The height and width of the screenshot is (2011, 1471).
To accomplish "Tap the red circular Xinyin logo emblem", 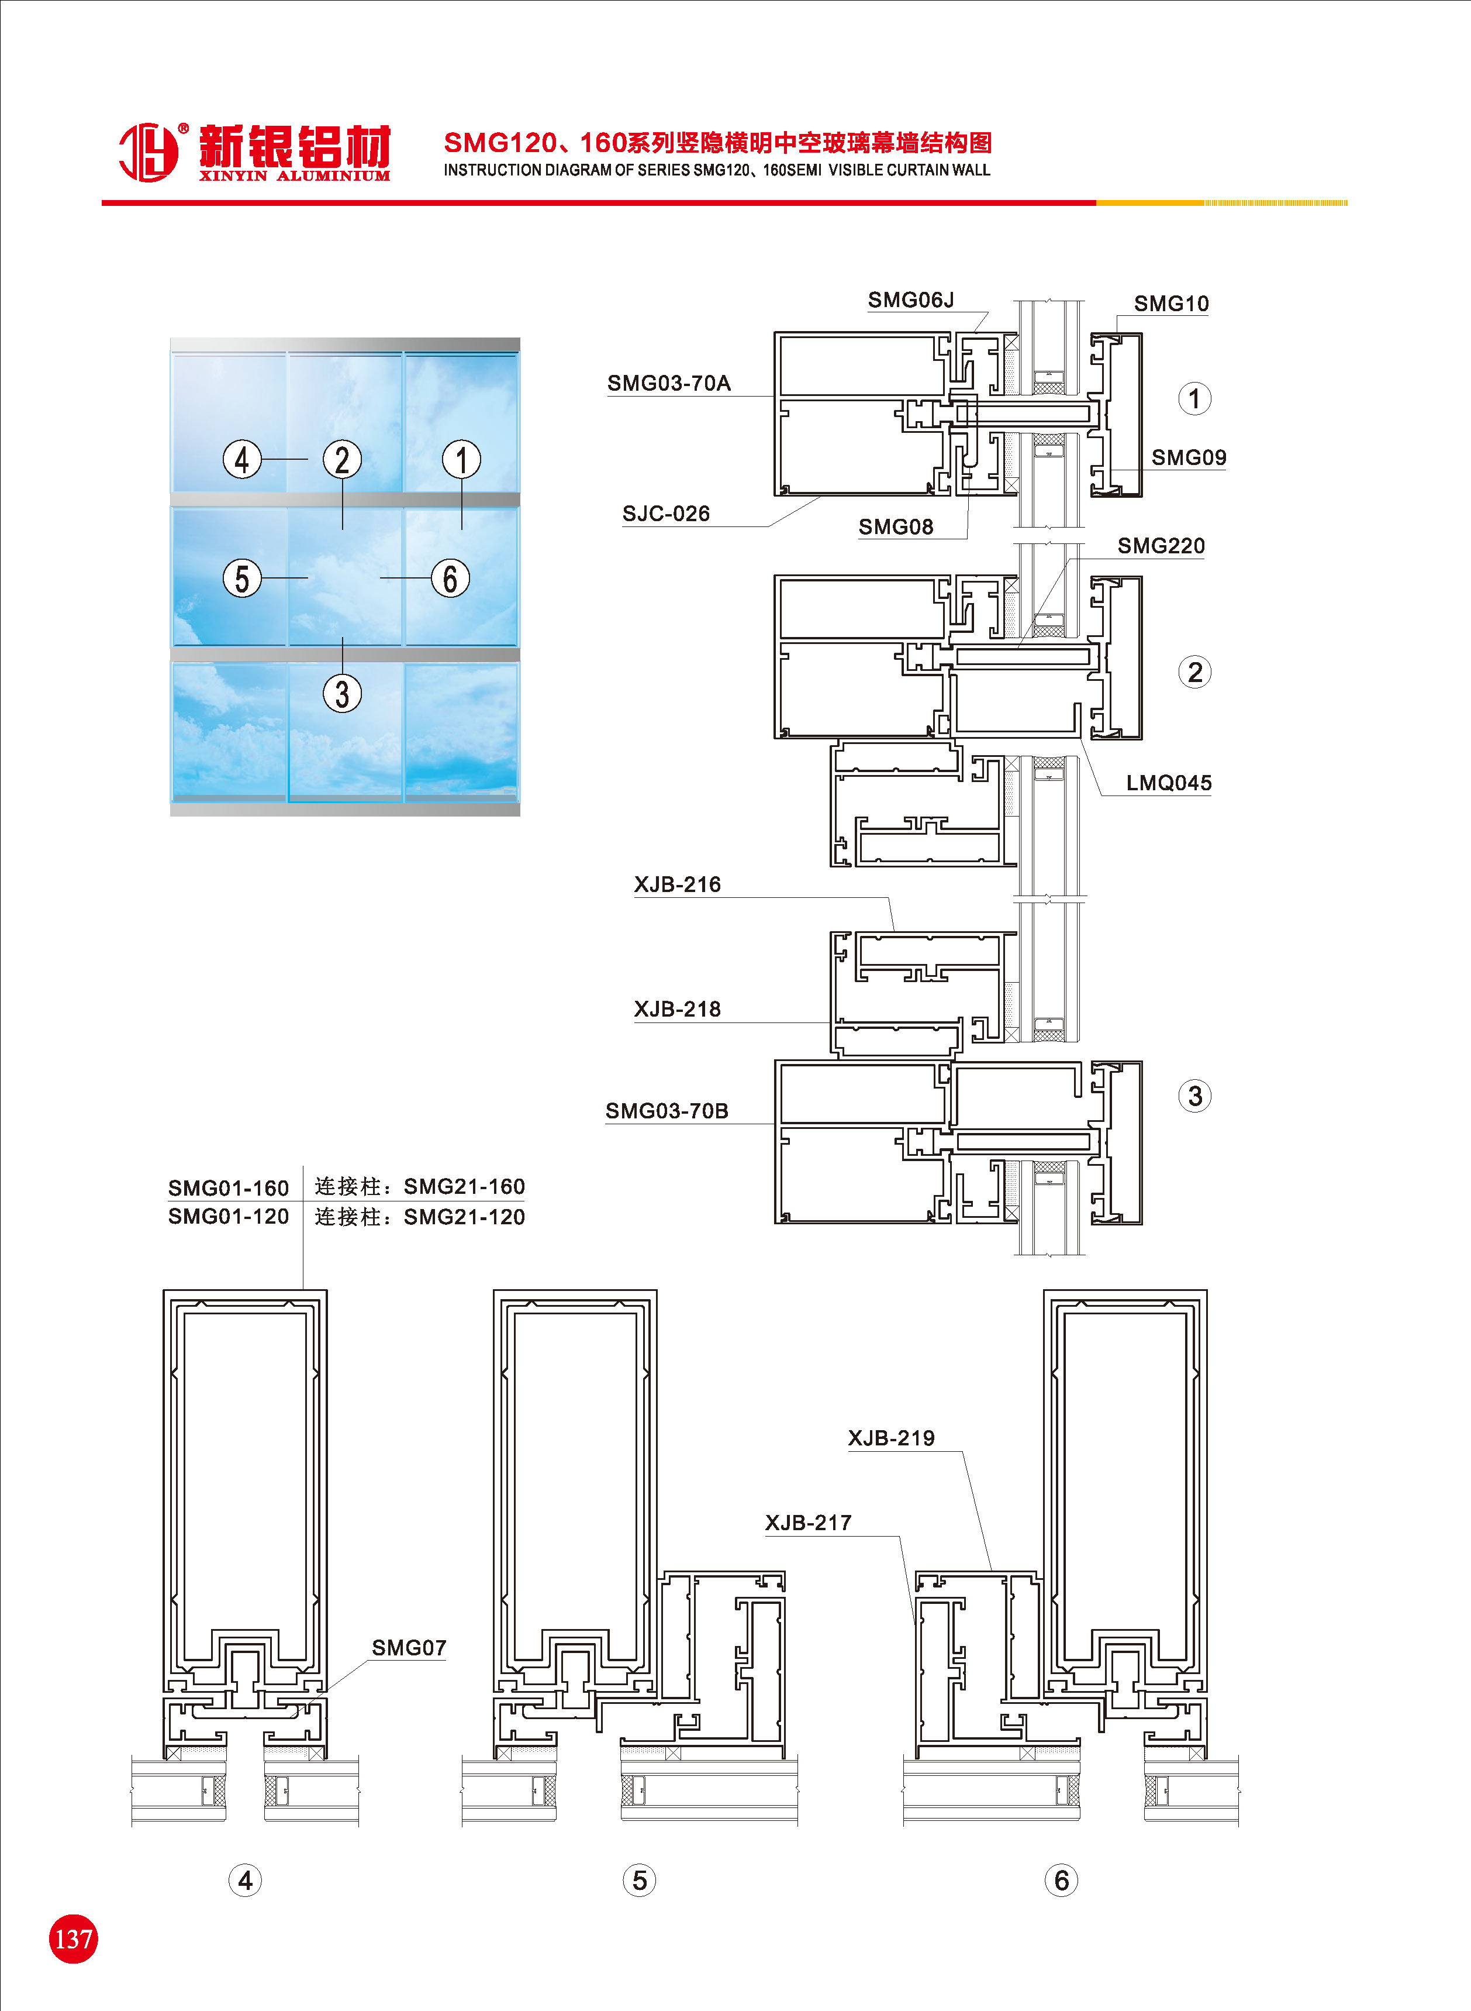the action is pyautogui.click(x=149, y=151).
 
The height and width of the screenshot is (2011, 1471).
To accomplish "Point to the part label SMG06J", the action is pyautogui.click(x=911, y=300).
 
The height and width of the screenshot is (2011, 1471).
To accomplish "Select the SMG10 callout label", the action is pyautogui.click(x=1171, y=304).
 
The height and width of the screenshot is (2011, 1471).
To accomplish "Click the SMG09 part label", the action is pyautogui.click(x=1189, y=458).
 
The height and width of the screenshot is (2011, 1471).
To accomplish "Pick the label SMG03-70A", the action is pyautogui.click(x=669, y=383).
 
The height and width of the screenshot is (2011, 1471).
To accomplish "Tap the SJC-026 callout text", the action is pyautogui.click(x=666, y=514).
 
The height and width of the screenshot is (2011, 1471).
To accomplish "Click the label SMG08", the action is pyautogui.click(x=896, y=527).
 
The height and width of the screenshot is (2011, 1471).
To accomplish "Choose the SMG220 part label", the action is pyautogui.click(x=1161, y=546).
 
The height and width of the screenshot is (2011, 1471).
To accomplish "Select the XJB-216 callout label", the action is pyautogui.click(x=678, y=884).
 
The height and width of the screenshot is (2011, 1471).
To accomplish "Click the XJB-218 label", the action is pyautogui.click(x=678, y=1009).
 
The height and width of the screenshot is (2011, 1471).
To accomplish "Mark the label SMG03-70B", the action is pyautogui.click(x=667, y=1111).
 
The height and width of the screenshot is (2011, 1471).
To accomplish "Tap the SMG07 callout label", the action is pyautogui.click(x=409, y=1648).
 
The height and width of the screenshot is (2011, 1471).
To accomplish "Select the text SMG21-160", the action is pyautogui.click(x=464, y=1186).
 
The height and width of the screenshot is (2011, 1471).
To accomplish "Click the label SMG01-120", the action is pyautogui.click(x=229, y=1217).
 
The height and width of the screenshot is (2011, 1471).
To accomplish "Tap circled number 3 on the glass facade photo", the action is pyautogui.click(x=342, y=693).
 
